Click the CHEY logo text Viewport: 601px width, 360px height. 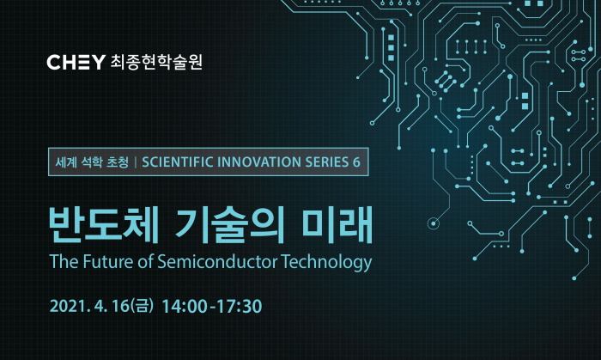[x=76, y=62]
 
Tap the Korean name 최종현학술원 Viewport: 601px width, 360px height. [x=156, y=62]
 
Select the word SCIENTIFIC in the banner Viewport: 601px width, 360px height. [x=178, y=162]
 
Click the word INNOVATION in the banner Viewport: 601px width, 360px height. [x=258, y=162]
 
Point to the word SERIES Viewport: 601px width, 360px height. [x=326, y=162]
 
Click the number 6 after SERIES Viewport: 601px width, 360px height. [x=356, y=162]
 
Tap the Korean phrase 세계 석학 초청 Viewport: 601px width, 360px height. [x=92, y=162]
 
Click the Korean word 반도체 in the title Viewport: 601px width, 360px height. [x=104, y=224]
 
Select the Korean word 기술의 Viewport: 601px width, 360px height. [x=229, y=224]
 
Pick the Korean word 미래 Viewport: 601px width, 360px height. [x=337, y=224]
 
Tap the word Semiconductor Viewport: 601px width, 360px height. [x=217, y=262]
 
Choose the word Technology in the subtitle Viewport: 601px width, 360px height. [x=326, y=263]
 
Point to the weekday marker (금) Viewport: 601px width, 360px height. [x=143, y=306]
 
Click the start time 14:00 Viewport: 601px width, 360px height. [x=185, y=307]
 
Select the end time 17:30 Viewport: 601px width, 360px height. [x=240, y=307]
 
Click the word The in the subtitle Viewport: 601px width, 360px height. [x=64, y=262]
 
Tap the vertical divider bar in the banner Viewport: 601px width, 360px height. [x=136, y=162]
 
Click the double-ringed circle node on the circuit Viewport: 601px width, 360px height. [x=434, y=223]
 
